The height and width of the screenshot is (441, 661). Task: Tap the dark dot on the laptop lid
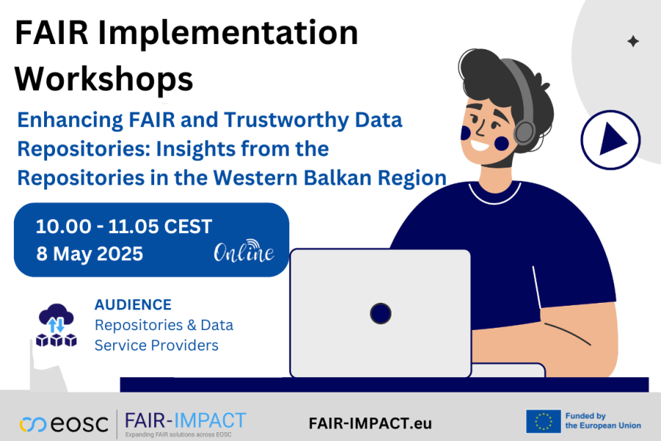[x=380, y=313]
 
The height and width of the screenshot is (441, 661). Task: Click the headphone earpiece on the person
[x=524, y=132]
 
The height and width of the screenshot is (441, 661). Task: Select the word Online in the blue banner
[x=244, y=252]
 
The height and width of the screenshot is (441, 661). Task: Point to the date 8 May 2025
[x=90, y=254]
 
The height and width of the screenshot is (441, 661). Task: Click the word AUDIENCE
[x=133, y=304]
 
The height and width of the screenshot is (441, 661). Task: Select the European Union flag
[x=543, y=421]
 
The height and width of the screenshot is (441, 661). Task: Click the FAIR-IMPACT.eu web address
[x=370, y=423]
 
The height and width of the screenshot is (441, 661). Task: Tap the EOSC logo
[x=64, y=424]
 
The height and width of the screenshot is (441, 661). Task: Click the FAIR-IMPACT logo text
[x=185, y=421]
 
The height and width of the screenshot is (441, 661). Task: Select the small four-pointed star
[x=632, y=42]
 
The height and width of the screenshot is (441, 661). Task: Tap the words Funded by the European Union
[x=602, y=421]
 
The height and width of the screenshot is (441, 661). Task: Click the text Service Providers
[x=156, y=345]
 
